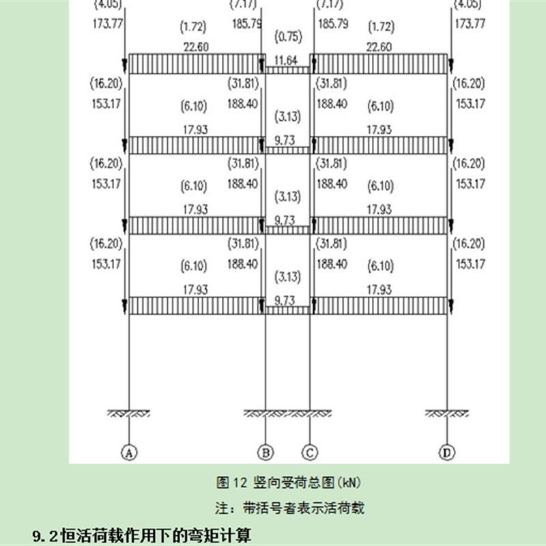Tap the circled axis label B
(265, 451)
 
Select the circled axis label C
(310, 451)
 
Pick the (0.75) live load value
(287, 36)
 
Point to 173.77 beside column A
(105, 24)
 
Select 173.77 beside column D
(470, 24)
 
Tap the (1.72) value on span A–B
(194, 28)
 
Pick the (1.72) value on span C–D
(380, 28)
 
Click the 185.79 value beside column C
(333, 24)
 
